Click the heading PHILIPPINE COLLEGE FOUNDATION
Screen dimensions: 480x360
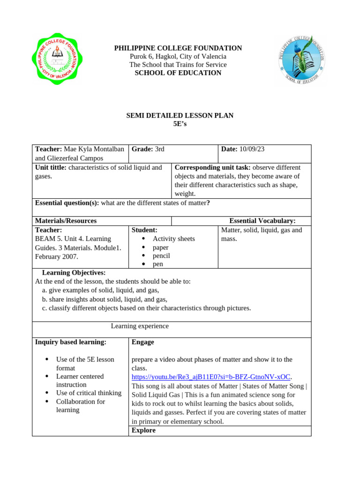(x=178, y=48)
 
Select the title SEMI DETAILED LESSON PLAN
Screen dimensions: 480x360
(x=180, y=115)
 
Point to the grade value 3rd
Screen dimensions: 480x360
(x=160, y=149)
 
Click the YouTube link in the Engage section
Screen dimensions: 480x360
(x=211, y=376)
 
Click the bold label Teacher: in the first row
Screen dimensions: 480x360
(x=49, y=149)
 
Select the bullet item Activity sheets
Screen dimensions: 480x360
(x=173, y=239)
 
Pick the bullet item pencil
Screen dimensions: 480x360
(x=161, y=255)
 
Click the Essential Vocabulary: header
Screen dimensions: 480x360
(x=262, y=221)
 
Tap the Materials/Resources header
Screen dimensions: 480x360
(x=66, y=221)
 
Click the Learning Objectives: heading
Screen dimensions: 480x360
(x=74, y=272)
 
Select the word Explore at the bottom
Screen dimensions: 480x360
(x=143, y=430)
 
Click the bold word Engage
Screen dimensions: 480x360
(x=143, y=342)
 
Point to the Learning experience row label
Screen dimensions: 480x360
(x=140, y=326)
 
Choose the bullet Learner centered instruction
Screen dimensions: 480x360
(x=80, y=380)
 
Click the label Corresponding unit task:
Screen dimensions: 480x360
(x=212, y=167)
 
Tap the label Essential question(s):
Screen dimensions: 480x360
(x=67, y=202)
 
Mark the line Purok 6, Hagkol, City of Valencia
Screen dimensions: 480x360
(x=178, y=57)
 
